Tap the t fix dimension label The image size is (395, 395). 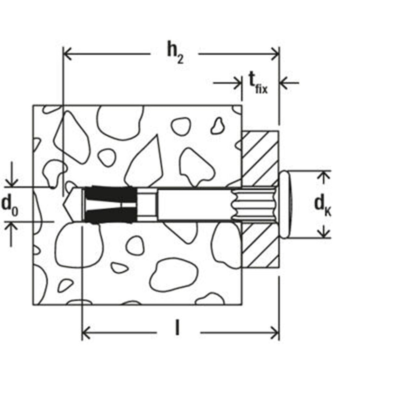(x=258, y=84)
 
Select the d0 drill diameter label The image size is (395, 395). (x=10, y=206)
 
